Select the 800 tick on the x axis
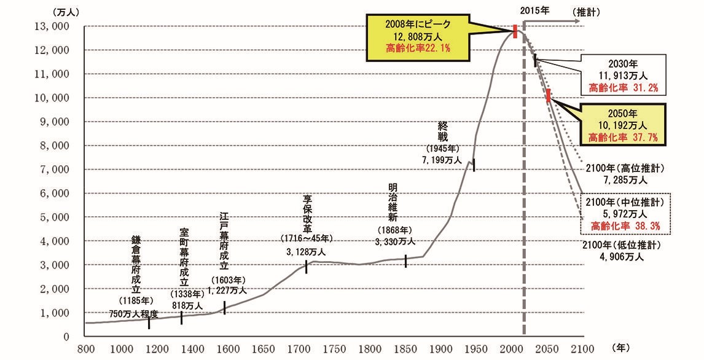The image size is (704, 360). [x=85, y=349]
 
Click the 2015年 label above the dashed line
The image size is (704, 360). [x=534, y=10]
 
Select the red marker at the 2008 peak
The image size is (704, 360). [x=514, y=31]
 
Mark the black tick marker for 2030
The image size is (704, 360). [x=535, y=60]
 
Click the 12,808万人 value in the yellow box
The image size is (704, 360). [x=418, y=36]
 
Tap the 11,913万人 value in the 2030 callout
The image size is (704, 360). [x=624, y=76]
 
